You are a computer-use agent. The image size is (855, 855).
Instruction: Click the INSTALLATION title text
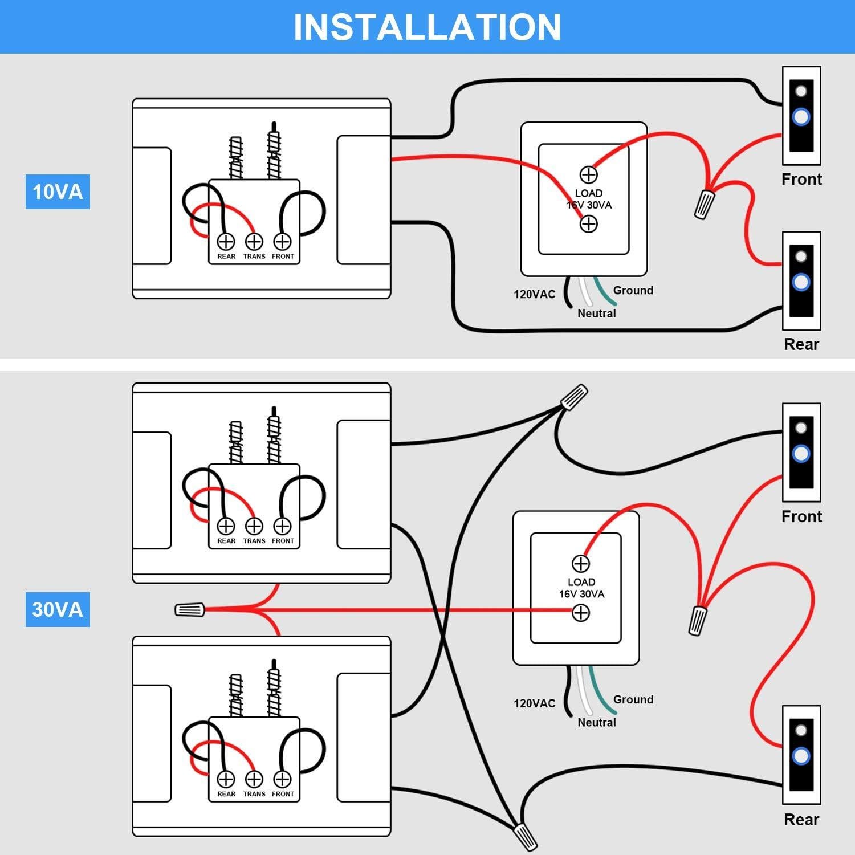point(427,27)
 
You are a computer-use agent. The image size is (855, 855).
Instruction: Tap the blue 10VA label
point(58,192)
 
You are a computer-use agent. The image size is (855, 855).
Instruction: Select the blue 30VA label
point(58,609)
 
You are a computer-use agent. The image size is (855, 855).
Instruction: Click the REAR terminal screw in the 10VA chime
point(226,242)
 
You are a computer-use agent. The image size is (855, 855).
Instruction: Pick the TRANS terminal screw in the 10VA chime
point(254,242)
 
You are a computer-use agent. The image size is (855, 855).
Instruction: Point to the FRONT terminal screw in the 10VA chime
point(283,242)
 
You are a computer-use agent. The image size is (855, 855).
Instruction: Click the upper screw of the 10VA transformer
point(588,174)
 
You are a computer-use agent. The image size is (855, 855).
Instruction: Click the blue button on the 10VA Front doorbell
point(801,117)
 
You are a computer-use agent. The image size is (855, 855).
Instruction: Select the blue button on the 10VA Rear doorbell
point(801,282)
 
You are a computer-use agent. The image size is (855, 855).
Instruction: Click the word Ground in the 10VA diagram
point(633,290)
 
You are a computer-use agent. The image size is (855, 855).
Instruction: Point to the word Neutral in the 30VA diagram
point(597,722)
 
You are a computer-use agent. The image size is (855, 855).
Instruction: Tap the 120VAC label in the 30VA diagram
point(534,703)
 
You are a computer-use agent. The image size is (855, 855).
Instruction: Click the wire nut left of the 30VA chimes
point(190,610)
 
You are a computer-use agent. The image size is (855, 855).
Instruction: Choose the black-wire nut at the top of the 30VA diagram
point(574,397)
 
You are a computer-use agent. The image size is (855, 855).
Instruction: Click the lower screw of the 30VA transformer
point(580,613)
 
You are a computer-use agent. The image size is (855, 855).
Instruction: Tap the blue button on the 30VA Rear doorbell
point(801,756)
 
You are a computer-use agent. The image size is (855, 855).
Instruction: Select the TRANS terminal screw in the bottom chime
point(254,779)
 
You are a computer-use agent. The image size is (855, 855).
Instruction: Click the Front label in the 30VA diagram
point(801,516)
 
